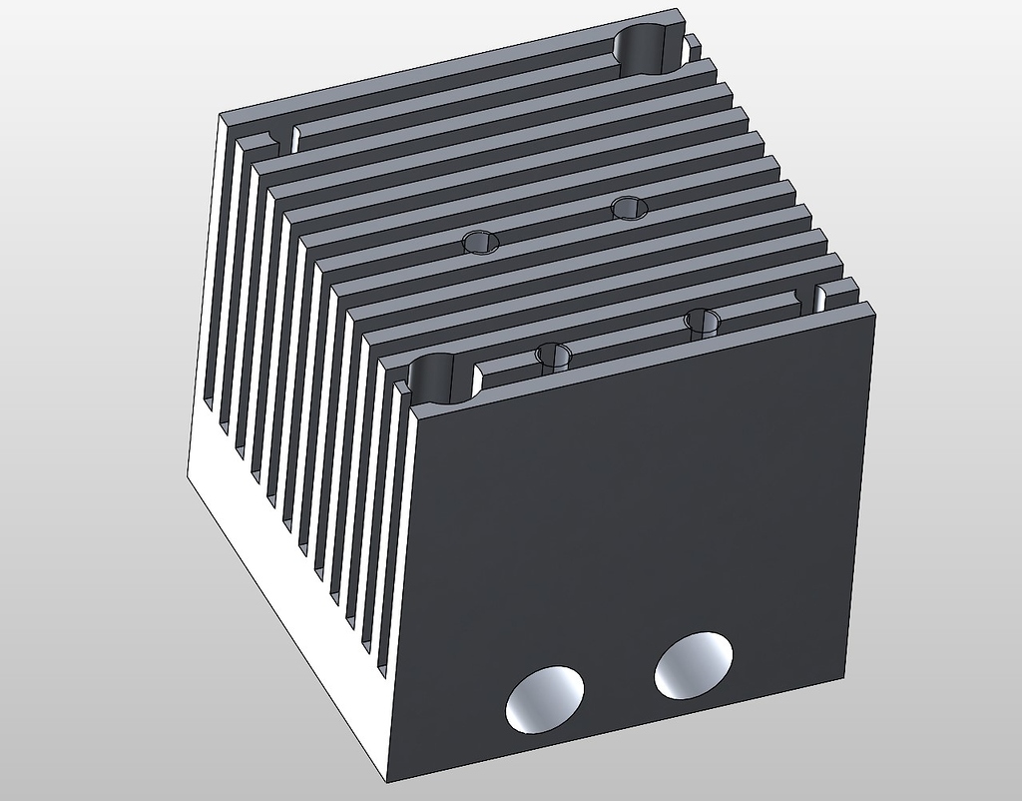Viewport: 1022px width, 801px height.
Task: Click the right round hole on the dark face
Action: tap(694, 664)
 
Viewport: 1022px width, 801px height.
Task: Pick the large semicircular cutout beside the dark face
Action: tap(438, 378)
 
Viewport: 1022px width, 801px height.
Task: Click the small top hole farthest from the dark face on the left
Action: tap(481, 242)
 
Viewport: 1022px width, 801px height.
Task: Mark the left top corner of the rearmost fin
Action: tap(221, 115)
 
